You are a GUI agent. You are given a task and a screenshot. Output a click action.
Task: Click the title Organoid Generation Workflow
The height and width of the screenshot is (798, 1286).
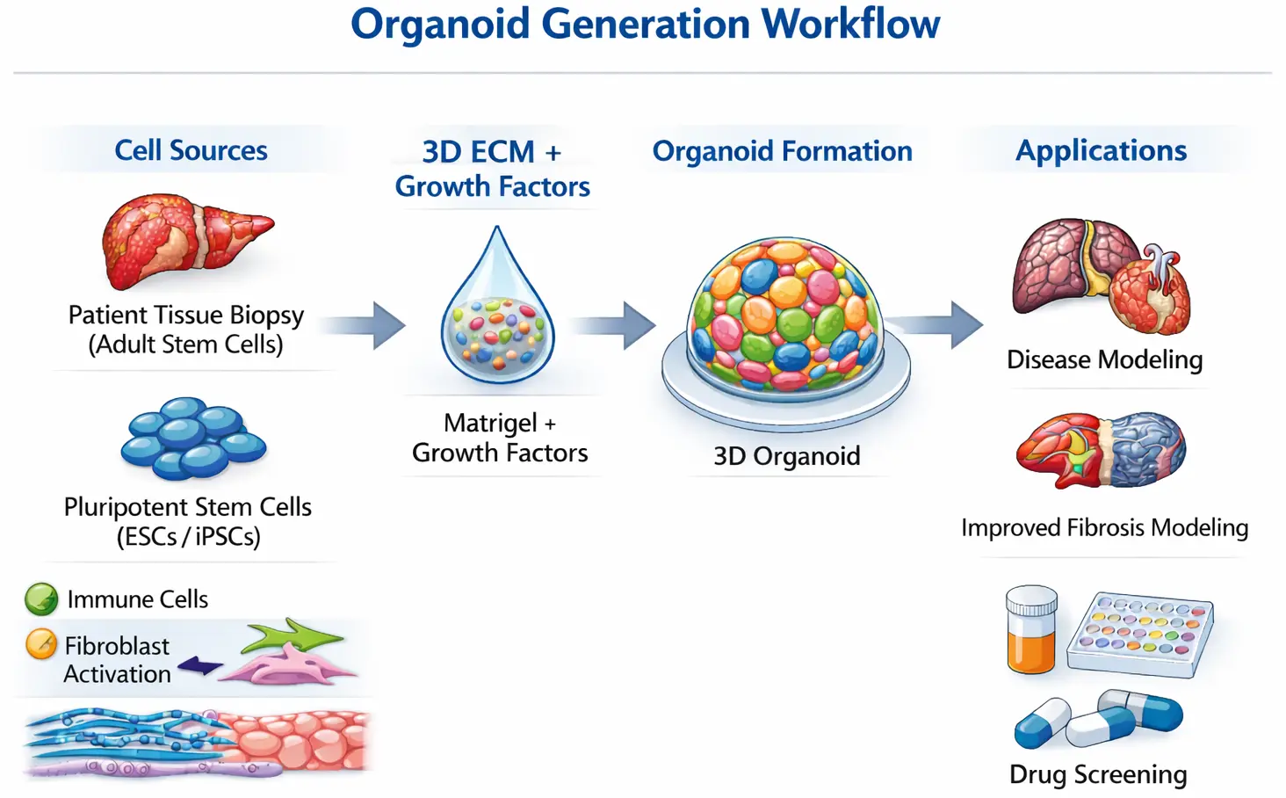coord(646,25)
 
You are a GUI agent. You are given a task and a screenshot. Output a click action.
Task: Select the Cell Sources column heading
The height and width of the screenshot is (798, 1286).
coord(191,150)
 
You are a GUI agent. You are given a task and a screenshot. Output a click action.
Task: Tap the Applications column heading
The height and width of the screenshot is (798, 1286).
coord(1102,150)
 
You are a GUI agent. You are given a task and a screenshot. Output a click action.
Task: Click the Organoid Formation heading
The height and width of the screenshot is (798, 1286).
coord(783,151)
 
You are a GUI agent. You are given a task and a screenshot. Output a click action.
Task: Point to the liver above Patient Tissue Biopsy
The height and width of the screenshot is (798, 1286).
coord(186,242)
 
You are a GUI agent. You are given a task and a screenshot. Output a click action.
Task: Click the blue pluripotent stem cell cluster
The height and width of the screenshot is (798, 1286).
coord(193,439)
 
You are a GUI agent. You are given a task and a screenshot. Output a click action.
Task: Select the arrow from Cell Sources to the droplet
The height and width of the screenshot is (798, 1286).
coord(363,325)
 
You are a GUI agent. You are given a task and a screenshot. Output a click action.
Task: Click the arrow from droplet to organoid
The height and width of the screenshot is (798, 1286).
coord(614,325)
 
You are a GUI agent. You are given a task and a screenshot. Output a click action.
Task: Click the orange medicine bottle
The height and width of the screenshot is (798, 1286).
coord(1031,629)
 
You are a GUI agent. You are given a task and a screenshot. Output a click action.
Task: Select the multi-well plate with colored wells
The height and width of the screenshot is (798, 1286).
coord(1140,634)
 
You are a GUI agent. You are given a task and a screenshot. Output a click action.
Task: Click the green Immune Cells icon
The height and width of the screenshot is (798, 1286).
coord(41,599)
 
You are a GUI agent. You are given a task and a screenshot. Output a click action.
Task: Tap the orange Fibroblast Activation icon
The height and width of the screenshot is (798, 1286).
coord(41,644)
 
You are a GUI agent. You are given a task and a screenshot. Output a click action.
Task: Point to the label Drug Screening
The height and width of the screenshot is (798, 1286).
coord(1098,774)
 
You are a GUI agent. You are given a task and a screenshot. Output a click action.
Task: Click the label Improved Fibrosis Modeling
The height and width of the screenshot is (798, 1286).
coord(1105,528)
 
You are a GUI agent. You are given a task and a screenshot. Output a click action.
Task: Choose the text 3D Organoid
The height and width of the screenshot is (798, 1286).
coord(787,456)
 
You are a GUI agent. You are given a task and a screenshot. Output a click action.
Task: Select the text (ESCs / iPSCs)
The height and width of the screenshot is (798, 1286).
coord(189,537)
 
